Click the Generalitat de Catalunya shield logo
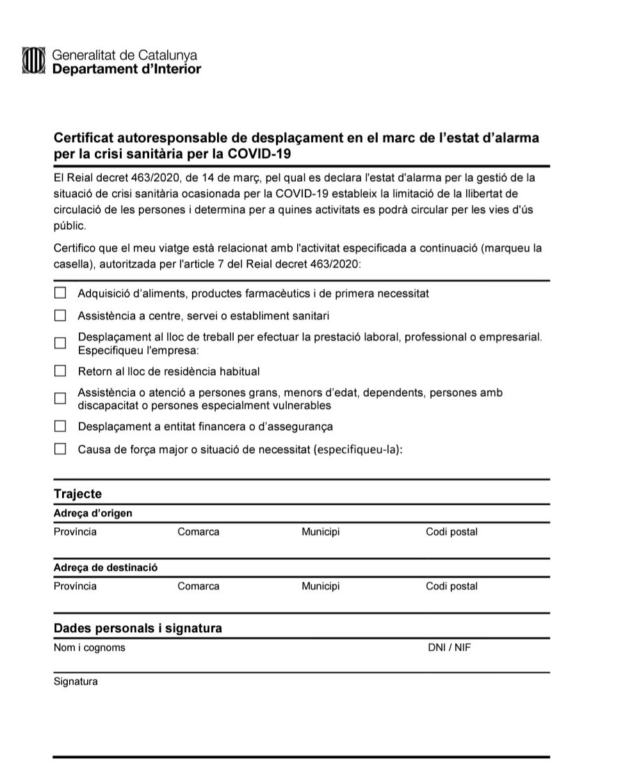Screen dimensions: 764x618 click(33, 61)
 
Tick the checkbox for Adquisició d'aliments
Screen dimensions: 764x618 click(60, 293)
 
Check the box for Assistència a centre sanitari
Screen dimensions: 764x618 click(60, 315)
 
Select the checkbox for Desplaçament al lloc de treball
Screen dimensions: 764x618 click(60, 343)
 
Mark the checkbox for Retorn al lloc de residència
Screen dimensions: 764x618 click(60, 370)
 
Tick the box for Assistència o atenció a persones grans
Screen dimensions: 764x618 click(60, 398)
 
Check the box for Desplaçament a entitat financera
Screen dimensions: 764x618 click(60, 426)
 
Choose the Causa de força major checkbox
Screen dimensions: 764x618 click(60, 449)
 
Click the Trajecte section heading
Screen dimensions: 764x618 click(77, 494)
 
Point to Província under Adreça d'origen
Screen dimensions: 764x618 click(75, 532)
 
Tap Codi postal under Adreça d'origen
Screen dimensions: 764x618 click(451, 532)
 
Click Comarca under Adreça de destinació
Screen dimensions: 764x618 click(198, 586)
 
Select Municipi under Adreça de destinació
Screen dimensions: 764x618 click(320, 586)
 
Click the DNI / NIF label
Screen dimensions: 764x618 click(450, 648)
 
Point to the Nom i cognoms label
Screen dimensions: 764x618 click(89, 648)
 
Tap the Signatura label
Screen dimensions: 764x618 click(76, 681)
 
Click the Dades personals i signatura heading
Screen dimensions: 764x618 click(138, 628)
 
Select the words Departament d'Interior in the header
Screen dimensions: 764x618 click(126, 69)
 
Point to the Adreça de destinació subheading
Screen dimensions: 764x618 click(106, 568)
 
